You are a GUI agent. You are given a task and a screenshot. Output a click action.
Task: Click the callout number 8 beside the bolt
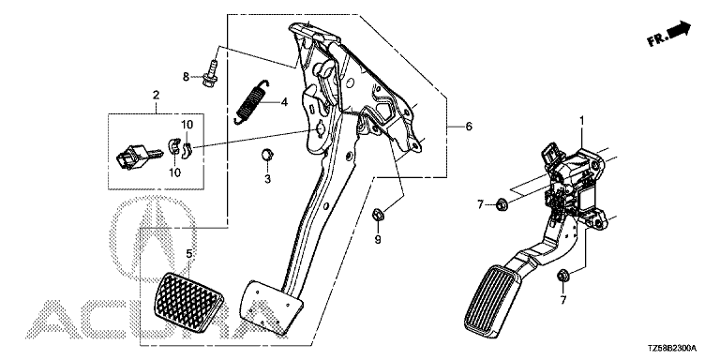186,77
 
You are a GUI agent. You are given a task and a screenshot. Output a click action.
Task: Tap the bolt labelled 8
211,76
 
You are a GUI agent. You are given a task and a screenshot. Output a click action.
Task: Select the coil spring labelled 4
249,101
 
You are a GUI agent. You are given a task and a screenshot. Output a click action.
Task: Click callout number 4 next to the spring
284,102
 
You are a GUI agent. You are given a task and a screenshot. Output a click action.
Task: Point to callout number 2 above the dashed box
157,95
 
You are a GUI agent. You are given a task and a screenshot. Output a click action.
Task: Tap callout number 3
268,179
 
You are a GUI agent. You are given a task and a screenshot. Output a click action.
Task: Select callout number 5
188,253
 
